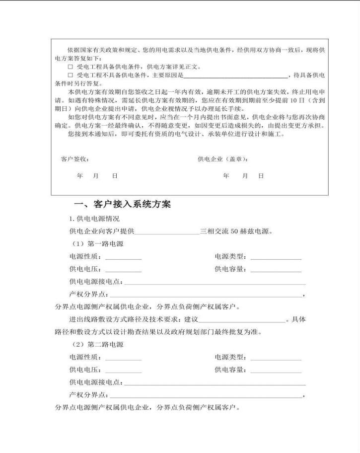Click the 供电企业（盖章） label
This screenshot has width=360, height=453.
pos(223,159)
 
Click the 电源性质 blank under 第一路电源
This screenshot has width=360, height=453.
pos(123,258)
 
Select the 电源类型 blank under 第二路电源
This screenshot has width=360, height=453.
pos(276,359)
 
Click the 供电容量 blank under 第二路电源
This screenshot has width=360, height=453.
pos(276,371)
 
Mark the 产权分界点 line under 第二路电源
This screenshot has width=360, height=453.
pos(205,396)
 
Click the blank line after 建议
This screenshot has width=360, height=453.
pos(241,320)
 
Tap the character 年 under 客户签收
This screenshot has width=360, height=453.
pos(80,176)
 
